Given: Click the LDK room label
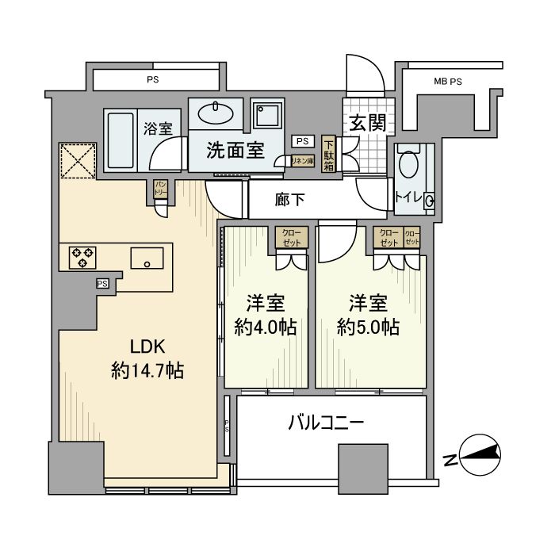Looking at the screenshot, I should tap(149, 346).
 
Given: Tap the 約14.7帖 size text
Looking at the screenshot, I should tap(149, 370).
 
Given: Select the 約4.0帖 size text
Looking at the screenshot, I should tap(265, 326).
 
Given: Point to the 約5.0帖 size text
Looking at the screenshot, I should tap(367, 326).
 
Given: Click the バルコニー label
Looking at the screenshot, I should tap(325, 423).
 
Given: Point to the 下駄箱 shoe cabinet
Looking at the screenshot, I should tap(328, 154).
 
